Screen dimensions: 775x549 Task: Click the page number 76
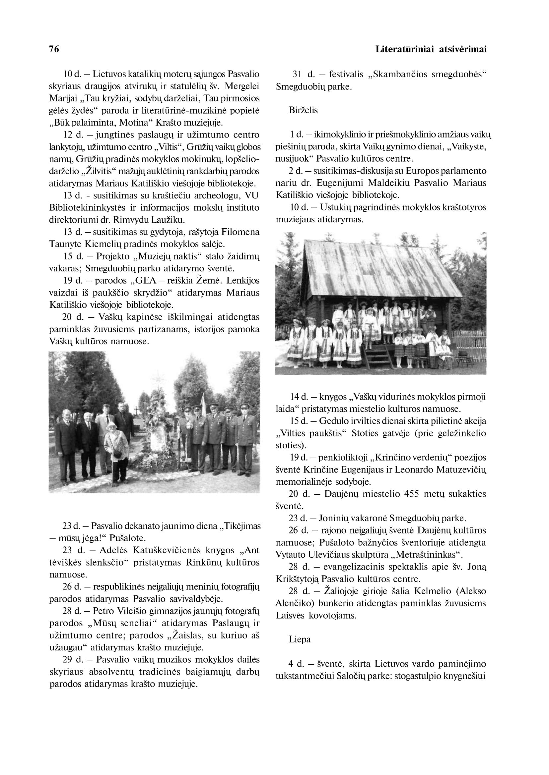pyautogui.click(x=54, y=49)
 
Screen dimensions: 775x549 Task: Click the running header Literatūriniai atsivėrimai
pyautogui.click(x=431, y=49)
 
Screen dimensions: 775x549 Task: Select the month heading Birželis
pyautogui.click(x=303, y=110)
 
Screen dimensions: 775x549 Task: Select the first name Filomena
pyautogui.click(x=240, y=232)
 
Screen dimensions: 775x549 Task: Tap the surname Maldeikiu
pyautogui.click(x=382, y=183)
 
